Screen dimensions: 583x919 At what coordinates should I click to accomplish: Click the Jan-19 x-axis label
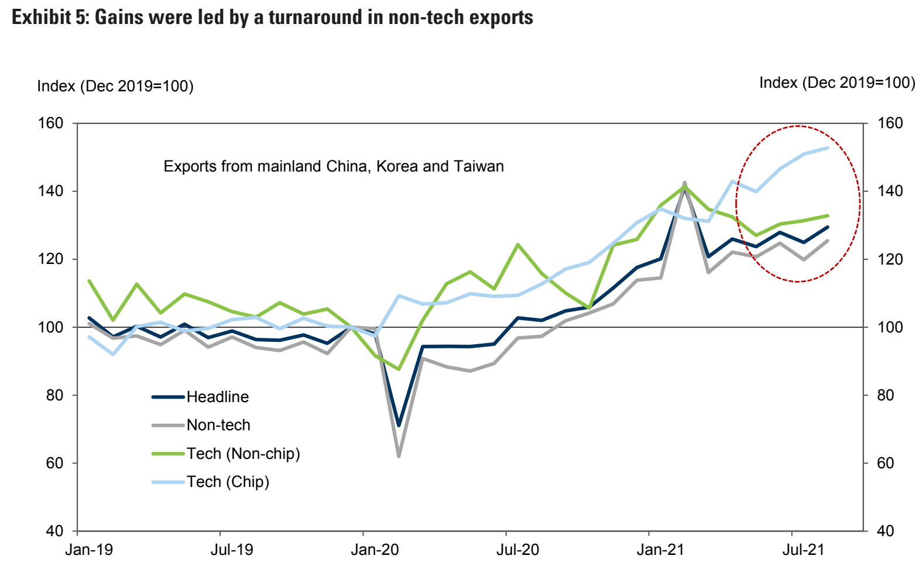pos(89,550)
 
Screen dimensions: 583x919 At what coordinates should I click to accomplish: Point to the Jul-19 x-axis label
pos(232,550)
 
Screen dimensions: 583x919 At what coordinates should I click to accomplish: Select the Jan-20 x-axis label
pos(375,550)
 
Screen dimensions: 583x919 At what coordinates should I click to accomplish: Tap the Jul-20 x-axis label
pos(517,550)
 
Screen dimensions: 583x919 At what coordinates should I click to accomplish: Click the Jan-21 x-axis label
pos(660,550)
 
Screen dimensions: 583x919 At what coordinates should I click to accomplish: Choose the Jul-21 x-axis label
pos(803,550)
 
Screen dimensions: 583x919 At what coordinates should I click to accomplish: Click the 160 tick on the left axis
pos(51,124)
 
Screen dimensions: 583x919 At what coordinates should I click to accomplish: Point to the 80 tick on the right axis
pos(886,395)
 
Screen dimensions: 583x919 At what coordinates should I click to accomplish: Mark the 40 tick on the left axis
pos(54,531)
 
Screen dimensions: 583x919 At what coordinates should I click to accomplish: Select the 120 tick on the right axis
pos(890,259)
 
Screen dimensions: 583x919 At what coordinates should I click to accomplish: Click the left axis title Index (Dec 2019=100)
pos(115,87)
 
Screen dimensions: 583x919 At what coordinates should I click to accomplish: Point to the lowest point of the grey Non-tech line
pos(399,455)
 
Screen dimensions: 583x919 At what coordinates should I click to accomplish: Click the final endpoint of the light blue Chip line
pos(828,148)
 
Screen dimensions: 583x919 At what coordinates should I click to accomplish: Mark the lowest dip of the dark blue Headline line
pos(399,425)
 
